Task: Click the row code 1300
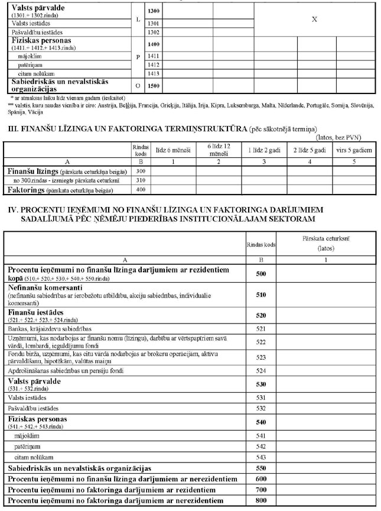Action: pyautogui.click(x=155, y=11)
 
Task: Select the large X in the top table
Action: pyautogui.click(x=314, y=20)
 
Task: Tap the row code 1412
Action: pyautogui.click(x=155, y=64)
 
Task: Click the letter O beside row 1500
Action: pyautogui.click(x=138, y=85)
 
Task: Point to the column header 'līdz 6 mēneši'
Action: pyautogui.click(x=173, y=151)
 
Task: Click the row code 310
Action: pyautogui.click(x=141, y=180)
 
